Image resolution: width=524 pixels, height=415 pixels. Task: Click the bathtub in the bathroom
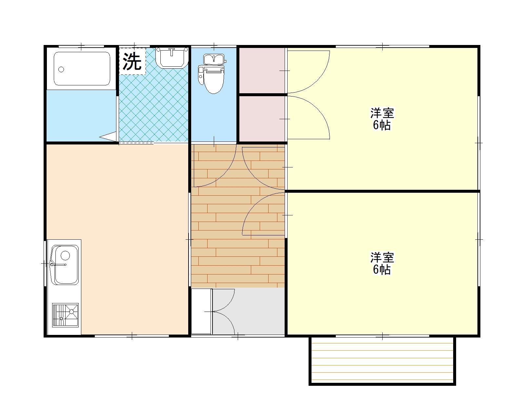coord(82,69)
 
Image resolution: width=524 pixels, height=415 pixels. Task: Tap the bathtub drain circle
coord(61,69)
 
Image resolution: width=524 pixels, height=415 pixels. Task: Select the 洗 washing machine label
coord(132,61)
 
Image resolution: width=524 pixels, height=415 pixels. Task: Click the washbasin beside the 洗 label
coord(171,57)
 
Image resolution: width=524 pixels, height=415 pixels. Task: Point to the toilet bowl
coord(213,81)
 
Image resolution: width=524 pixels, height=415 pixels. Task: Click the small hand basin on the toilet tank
coord(213,59)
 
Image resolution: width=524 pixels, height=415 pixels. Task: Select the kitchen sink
coord(66,265)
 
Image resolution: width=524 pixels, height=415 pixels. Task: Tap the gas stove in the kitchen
coord(65,315)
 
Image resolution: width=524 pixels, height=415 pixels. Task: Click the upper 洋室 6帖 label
coord(382,119)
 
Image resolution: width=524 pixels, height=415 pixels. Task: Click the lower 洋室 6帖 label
coord(382,263)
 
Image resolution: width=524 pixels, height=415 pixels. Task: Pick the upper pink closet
coord(261,70)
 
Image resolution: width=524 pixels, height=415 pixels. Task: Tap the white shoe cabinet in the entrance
coord(201,311)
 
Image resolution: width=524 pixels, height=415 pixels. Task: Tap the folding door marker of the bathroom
coord(108,136)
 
